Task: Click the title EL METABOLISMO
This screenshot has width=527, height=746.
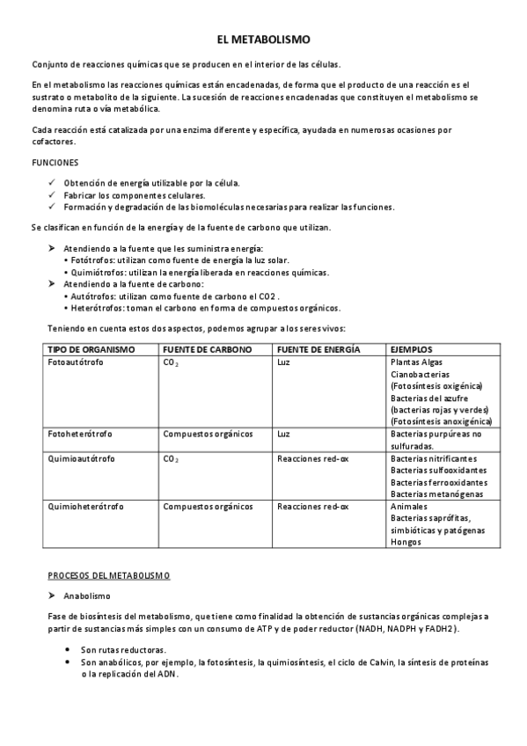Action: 263,40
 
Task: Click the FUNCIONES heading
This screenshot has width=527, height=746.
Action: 55,163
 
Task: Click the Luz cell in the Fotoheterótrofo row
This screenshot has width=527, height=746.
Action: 283,434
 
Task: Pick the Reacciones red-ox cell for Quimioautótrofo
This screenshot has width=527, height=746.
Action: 312,458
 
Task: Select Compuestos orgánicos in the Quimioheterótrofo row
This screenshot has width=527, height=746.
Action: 208,507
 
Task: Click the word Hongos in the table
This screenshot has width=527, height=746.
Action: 406,542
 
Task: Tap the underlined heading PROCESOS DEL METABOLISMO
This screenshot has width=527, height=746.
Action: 108,574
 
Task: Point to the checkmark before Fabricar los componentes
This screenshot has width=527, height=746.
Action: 51,195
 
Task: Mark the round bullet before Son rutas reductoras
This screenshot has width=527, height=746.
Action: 69,648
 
